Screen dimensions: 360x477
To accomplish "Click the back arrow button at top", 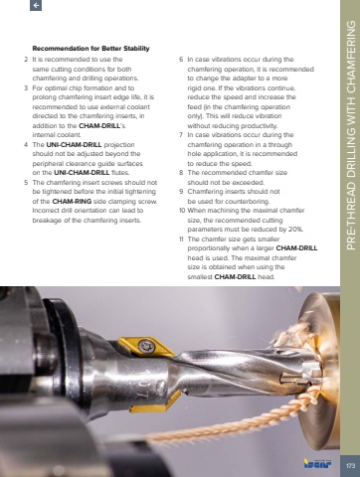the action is point(36,5).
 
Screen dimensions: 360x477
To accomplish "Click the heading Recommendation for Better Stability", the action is point(90,49).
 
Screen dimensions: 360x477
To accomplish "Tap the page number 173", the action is point(350,466).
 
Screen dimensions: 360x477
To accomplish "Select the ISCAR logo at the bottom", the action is point(317,463).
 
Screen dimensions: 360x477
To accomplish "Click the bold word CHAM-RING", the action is point(72,202).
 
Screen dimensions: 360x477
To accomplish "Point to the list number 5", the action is point(26,183).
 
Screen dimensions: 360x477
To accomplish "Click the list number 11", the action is point(181,239).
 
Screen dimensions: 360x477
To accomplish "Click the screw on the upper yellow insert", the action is point(145,346).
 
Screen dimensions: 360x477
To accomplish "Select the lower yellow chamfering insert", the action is point(154,403).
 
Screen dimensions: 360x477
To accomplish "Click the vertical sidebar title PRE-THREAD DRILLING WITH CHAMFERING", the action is point(351,135).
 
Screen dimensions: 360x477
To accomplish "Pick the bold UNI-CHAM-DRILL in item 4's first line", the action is point(74,145).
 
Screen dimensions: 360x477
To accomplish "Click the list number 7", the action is point(181,135).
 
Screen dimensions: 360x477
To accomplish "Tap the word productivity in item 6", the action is point(260,126).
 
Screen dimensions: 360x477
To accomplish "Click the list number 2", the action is point(26,60).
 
